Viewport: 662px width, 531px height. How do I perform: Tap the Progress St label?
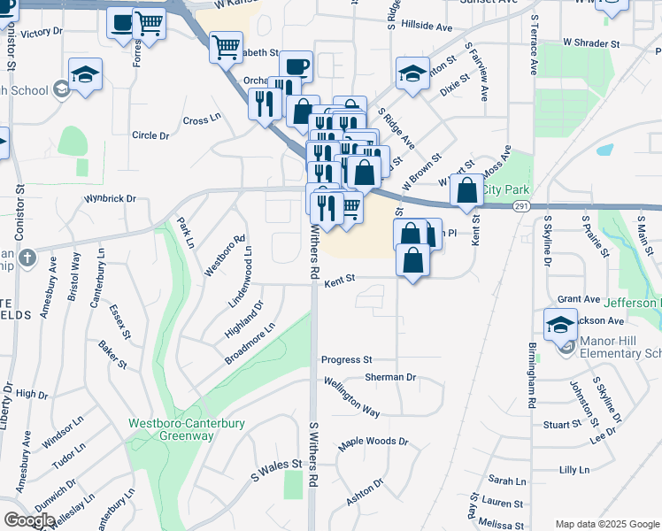coord(346,360)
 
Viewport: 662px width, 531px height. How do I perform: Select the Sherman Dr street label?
coord(390,377)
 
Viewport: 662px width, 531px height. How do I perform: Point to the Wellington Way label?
coord(351,400)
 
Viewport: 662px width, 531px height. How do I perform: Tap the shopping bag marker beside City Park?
coord(466,189)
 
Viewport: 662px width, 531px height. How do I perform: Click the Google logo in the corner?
coord(29,520)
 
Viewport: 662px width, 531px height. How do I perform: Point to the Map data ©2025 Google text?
coord(606,524)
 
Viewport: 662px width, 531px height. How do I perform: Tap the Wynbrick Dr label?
coord(110,199)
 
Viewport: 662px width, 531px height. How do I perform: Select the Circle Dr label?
coord(150,135)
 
